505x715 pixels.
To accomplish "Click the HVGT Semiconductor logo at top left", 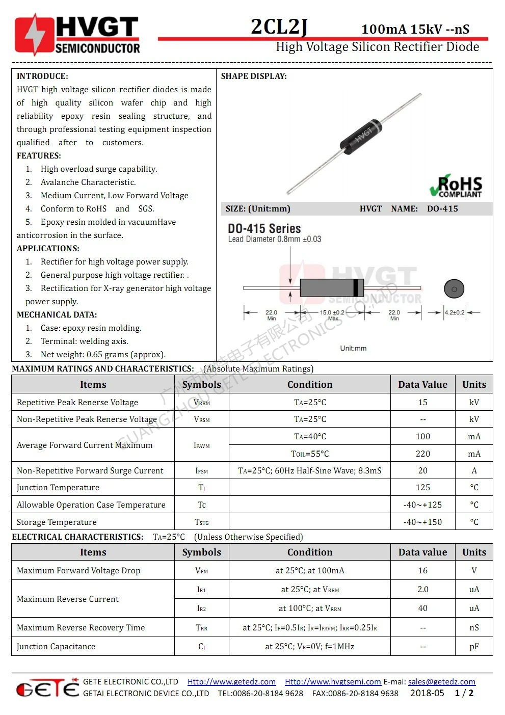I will [x=77, y=35].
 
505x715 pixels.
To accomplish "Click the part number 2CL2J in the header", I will [x=279, y=27].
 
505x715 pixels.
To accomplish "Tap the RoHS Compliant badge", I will [x=456, y=187].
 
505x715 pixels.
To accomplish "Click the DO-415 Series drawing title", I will [x=264, y=229].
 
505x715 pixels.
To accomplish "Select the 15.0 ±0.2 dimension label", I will [x=332, y=312].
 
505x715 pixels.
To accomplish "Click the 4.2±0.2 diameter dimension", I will [x=455, y=312].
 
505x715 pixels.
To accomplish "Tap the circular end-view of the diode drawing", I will [x=454, y=289].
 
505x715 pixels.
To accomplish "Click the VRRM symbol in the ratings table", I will [x=202, y=403].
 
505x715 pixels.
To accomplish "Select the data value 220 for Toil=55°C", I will [x=422, y=454].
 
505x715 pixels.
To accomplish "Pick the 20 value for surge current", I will [x=422, y=470].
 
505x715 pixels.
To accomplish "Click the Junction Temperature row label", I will [x=58, y=488].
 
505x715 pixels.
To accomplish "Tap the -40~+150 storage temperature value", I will [x=422, y=522].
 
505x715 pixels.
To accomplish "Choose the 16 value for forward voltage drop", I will [x=422, y=570].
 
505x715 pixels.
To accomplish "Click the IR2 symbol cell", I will [x=202, y=608].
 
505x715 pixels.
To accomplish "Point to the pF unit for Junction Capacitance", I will [x=474, y=646].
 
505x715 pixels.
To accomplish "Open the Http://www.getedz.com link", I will [x=231, y=682].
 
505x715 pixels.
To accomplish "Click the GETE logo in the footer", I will [x=47, y=688].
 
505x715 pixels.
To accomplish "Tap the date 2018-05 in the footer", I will [x=427, y=693].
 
